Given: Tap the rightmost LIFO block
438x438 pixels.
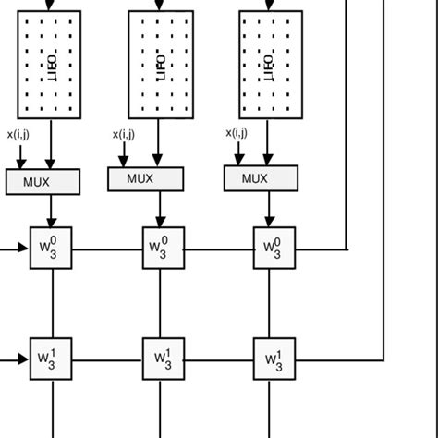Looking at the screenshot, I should (x=270, y=65).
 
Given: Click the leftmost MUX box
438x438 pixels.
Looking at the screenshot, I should (x=42, y=181).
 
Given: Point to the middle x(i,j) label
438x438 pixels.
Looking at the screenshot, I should (x=125, y=135).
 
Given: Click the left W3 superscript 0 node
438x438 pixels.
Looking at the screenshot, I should (x=51, y=248).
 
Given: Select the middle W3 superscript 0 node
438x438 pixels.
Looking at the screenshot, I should (x=161, y=247).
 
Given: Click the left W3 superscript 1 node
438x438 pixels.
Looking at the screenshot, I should (x=51, y=357).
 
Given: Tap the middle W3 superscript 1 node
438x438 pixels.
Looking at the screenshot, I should (x=161, y=356).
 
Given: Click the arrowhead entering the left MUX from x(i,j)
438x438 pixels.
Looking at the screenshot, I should (x=19, y=164).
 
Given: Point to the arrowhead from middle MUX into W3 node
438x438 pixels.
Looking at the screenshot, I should (x=161, y=223).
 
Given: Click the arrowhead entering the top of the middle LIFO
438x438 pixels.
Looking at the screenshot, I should (x=161, y=6).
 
